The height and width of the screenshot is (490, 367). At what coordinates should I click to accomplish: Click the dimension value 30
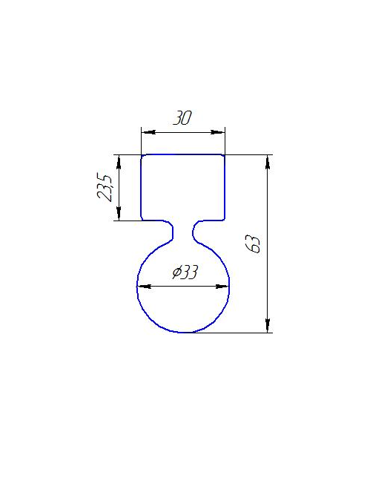point(182,118)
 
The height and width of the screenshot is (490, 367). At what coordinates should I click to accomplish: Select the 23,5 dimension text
point(104,187)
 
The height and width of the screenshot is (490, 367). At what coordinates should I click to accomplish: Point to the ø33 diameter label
point(185,272)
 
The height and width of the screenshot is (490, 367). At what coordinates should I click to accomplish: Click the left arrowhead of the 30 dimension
point(148,132)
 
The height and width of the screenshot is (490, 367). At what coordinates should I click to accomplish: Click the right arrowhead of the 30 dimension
point(218,132)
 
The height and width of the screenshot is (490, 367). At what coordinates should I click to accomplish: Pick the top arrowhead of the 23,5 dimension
point(119,162)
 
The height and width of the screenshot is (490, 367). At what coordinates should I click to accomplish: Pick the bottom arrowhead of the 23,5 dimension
point(119,213)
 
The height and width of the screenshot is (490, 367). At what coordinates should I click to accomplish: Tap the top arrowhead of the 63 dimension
point(268,162)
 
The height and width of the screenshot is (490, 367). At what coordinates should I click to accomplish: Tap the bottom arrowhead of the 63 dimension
point(268,325)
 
